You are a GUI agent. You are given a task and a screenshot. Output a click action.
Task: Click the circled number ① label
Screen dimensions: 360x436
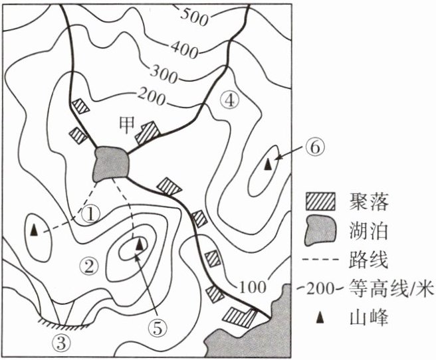point(90,213)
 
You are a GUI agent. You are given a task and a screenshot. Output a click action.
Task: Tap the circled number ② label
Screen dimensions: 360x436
point(88,266)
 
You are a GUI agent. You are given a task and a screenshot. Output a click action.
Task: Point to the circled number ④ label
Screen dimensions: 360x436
point(228,100)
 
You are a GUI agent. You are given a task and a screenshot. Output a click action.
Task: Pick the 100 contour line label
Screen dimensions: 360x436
point(252,288)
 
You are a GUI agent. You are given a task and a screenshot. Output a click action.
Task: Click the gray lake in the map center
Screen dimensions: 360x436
point(111,162)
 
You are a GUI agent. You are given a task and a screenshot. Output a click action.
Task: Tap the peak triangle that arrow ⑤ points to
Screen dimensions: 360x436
point(139,244)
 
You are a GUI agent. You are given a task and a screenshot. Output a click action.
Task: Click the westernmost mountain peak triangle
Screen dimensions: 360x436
point(32,230)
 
